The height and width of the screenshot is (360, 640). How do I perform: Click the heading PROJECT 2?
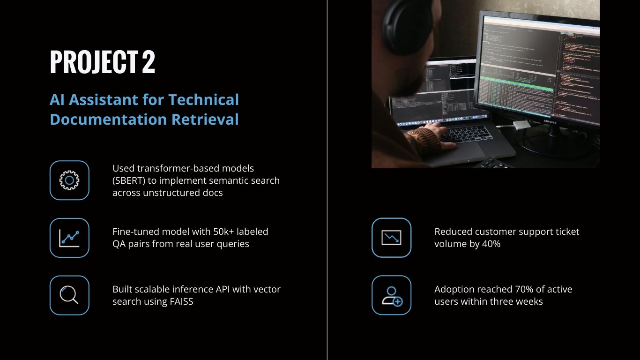click(102, 62)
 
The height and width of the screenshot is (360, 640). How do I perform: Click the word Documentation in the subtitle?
click(108, 120)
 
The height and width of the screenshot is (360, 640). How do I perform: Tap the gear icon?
click(69, 180)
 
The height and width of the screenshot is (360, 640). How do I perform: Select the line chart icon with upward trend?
click(69, 238)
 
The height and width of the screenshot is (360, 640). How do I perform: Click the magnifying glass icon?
click(69, 295)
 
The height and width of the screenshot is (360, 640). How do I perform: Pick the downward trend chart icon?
click(391, 238)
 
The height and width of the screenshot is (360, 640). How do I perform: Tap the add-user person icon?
click(391, 296)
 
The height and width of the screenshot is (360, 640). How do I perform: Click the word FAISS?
click(179, 301)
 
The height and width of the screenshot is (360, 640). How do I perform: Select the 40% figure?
click(491, 244)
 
